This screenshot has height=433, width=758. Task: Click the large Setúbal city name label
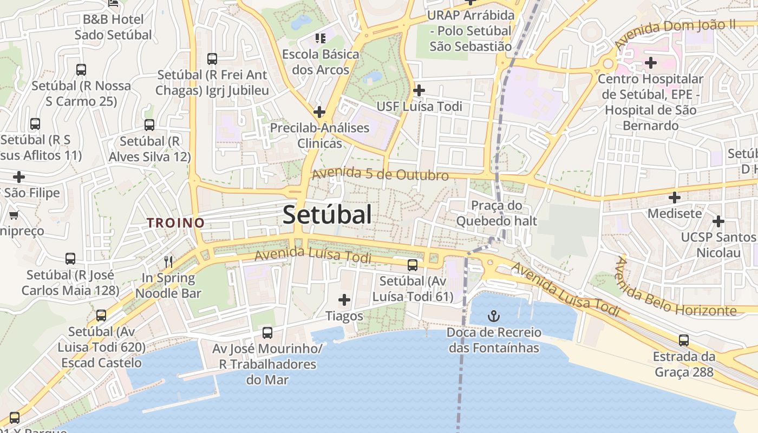pos(327,215)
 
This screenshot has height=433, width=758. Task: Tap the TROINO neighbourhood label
pos(176,222)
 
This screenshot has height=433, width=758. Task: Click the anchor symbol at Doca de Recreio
pos(494,316)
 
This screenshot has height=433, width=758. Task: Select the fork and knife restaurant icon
pos(168,262)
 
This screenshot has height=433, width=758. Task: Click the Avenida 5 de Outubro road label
pos(380,174)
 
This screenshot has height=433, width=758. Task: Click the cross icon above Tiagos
pos(344,300)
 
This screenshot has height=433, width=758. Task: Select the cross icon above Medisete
pos(674,198)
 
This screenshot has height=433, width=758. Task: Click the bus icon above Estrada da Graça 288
pos(684,340)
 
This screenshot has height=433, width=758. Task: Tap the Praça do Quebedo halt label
pos(496,213)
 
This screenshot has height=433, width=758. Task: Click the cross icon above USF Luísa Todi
pos(419,90)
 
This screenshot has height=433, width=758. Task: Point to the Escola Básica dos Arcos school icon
pos(321,38)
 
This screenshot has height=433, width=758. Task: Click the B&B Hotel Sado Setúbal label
pos(113,27)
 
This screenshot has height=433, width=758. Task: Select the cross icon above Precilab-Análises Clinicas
pos(319,112)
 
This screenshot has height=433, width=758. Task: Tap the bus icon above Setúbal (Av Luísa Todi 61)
pos(413,265)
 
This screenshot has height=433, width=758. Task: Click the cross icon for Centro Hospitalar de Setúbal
pos(650,63)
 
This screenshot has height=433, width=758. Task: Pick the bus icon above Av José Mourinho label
pos(267,332)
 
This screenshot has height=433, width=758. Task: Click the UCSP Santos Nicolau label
pos(718,245)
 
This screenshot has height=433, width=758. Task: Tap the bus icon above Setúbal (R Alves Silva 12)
pos(149,125)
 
